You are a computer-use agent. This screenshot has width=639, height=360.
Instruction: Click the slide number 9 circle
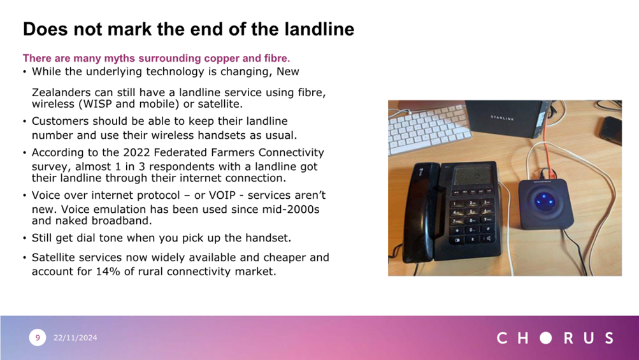38,338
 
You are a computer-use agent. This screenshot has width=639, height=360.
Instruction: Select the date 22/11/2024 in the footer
75,338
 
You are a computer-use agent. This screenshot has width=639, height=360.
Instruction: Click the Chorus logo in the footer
555,338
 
